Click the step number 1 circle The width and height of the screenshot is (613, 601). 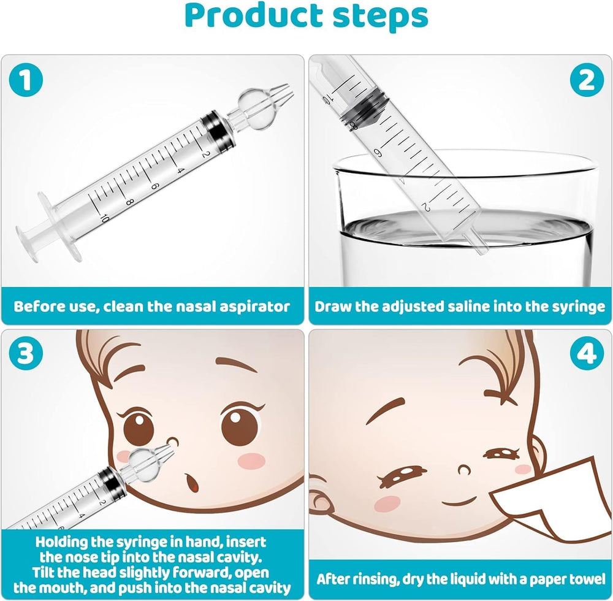25,82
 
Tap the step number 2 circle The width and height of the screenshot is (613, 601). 587,82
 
